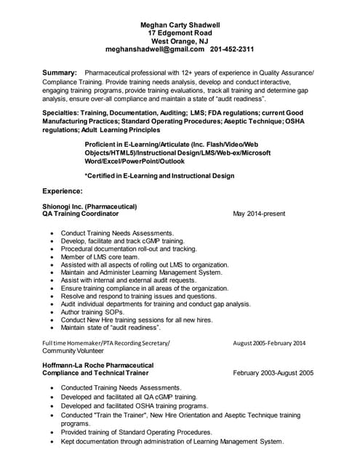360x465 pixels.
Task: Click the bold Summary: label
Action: (x=60, y=73)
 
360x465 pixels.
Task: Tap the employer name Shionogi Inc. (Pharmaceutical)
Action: (x=89, y=206)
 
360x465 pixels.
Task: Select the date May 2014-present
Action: (x=259, y=214)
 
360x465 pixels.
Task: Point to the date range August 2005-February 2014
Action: (x=269, y=343)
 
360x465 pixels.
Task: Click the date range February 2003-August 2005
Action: (x=273, y=373)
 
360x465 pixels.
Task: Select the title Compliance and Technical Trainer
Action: (x=98, y=373)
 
